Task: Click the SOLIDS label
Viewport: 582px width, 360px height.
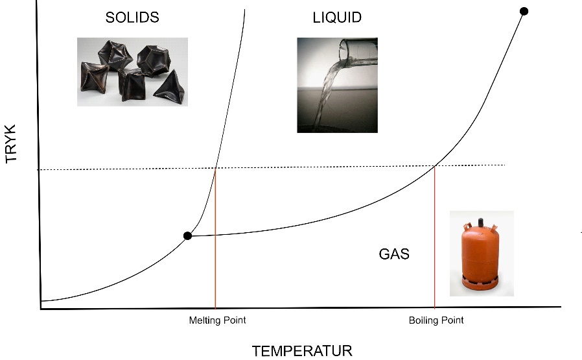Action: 132,18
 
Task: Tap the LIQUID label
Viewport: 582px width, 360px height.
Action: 337,18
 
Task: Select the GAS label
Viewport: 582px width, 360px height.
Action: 394,254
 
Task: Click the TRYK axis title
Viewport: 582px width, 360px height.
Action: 12,143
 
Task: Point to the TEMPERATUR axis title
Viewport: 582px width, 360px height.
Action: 302,351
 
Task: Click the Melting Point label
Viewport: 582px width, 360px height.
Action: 217,320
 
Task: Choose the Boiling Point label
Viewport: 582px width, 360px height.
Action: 436,320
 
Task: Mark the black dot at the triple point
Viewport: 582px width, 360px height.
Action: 188,235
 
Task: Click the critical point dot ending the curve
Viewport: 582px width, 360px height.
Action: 524,11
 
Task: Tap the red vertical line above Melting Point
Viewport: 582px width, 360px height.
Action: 215,238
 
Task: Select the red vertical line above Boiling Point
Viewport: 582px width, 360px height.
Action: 435,237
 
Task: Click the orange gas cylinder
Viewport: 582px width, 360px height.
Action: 481,254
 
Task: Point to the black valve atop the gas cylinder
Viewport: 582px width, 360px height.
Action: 481,222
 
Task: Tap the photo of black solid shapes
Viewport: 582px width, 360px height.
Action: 132,72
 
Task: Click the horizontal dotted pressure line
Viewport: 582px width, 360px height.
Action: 271,167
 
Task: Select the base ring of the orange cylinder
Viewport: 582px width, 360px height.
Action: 481,283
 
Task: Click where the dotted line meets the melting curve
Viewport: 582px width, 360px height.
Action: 216,168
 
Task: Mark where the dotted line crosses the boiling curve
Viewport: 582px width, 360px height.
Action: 435,166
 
